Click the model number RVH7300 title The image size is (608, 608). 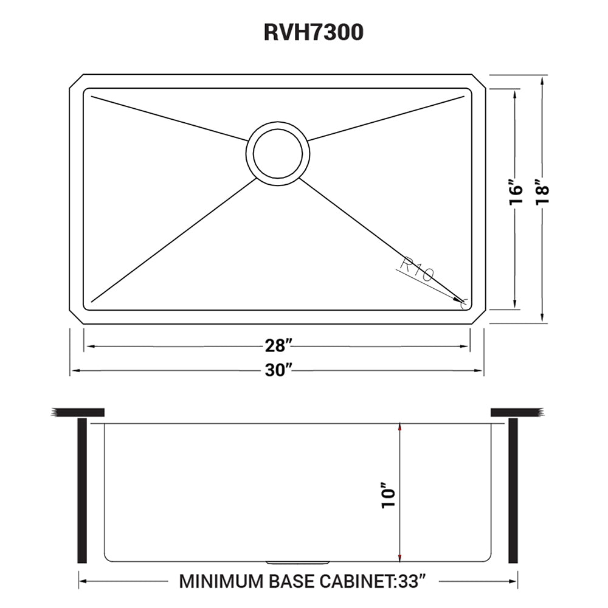tap(313, 32)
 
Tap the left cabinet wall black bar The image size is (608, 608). tap(83, 490)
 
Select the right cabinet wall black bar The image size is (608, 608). tap(513, 490)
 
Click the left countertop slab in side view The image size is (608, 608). tap(78, 413)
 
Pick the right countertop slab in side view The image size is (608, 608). tap(516, 413)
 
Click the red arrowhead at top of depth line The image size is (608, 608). tap(399, 428)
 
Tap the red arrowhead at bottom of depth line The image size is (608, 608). tap(399, 557)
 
